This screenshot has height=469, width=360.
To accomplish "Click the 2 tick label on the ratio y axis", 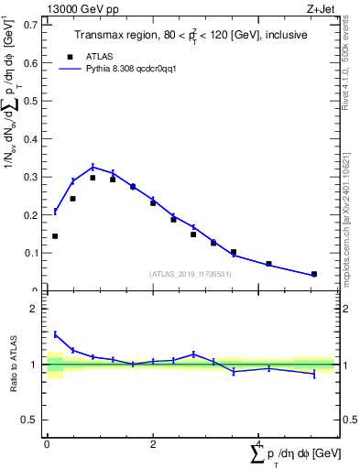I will pyautogui.click(x=36, y=309).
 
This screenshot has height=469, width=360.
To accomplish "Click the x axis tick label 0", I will pyautogui.click(x=47, y=444).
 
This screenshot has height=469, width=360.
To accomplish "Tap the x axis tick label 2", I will pyautogui.click(x=153, y=444).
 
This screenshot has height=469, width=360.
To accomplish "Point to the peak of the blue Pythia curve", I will pyautogui.click(x=93, y=167).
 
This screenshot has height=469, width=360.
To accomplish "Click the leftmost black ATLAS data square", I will pyautogui.click(x=55, y=236).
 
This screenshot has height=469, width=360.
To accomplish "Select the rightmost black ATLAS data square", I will pyautogui.click(x=314, y=274).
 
